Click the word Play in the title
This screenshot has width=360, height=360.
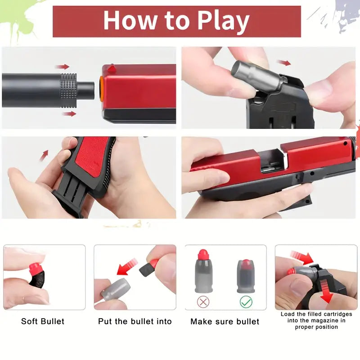coord(223,21)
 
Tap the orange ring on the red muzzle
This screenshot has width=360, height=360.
coord(102,89)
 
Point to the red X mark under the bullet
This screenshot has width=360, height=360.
coord(203,301)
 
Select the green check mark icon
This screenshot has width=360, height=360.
coord(246,301)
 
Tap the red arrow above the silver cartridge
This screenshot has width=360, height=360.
coord(284,63)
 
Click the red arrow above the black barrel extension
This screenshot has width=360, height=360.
coord(62,67)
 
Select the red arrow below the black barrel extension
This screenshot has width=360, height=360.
coord(69,114)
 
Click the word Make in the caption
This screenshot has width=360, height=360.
coord(201,321)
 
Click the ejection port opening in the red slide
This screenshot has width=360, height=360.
coord(272,161)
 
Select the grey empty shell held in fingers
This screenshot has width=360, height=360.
coord(116,290)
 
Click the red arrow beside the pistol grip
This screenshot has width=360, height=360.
coord(44,155)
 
